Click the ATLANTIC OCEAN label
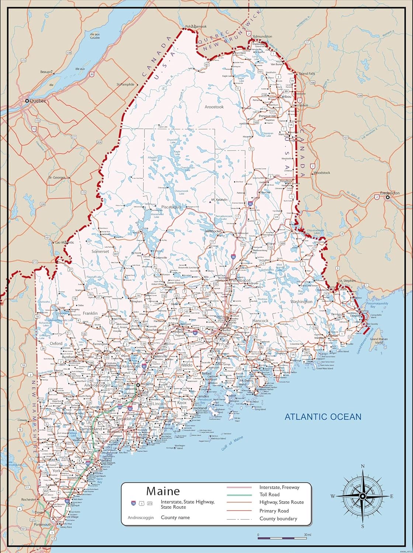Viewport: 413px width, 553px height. coord(323,417)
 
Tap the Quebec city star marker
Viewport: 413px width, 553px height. coord(27,100)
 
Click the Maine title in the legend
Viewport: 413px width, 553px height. coord(163,491)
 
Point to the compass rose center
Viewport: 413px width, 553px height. coord(362,496)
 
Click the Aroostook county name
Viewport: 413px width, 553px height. coord(214,107)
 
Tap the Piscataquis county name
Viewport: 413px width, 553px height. coord(170,207)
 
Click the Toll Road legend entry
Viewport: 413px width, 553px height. coord(270,494)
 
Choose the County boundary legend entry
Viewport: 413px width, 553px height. coord(278,518)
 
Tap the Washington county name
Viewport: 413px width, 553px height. coord(301,302)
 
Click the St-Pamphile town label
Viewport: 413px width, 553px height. coord(125,84)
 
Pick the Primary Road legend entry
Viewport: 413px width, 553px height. coord(274,511)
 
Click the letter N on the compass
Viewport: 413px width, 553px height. coord(362,466)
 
